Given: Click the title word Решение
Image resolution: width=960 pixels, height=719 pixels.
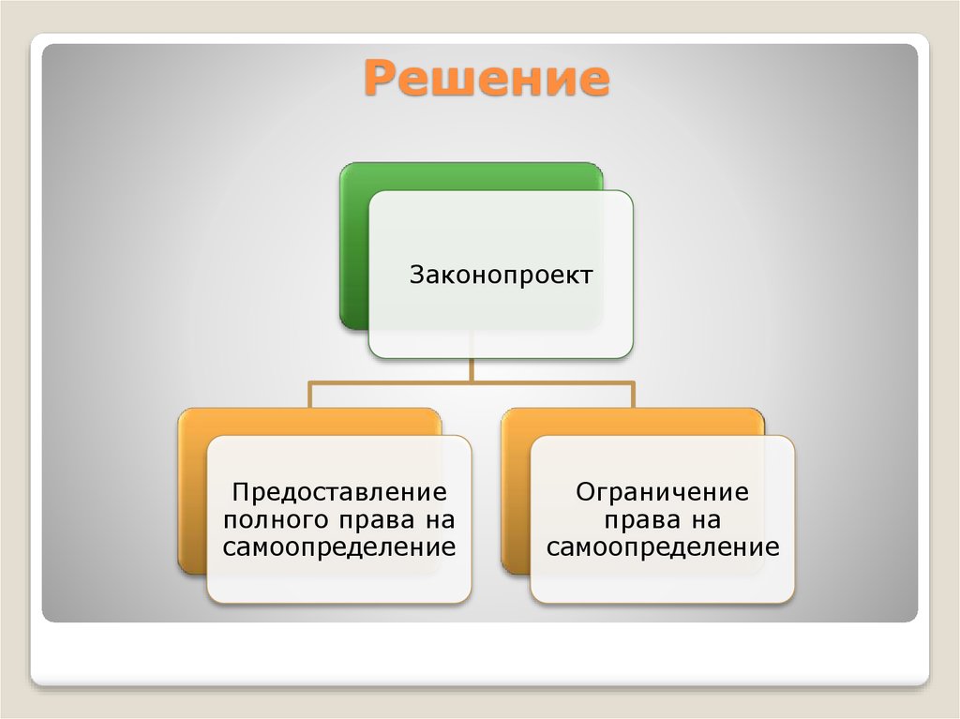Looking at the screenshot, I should pos(487,79).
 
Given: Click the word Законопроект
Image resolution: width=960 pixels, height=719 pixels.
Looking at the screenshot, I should pos(501,276).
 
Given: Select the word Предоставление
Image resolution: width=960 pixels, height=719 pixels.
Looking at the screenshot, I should pos(339,491).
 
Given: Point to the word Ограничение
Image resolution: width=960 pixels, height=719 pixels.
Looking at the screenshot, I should pos(663,491).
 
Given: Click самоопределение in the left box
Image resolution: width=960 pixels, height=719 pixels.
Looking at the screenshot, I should pos(339,547).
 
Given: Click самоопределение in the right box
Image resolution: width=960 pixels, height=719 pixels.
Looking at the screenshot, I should pos(663,547).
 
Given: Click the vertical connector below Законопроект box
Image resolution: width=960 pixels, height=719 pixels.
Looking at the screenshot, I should pos(472,369).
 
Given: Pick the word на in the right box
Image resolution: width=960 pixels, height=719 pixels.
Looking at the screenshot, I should pos(708,519).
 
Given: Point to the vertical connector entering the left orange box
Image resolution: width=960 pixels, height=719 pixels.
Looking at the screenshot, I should pos(310,395).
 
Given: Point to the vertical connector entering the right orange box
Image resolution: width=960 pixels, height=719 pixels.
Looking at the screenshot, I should pos(634,395).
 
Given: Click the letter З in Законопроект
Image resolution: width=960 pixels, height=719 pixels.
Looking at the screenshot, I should pos(416,276).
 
